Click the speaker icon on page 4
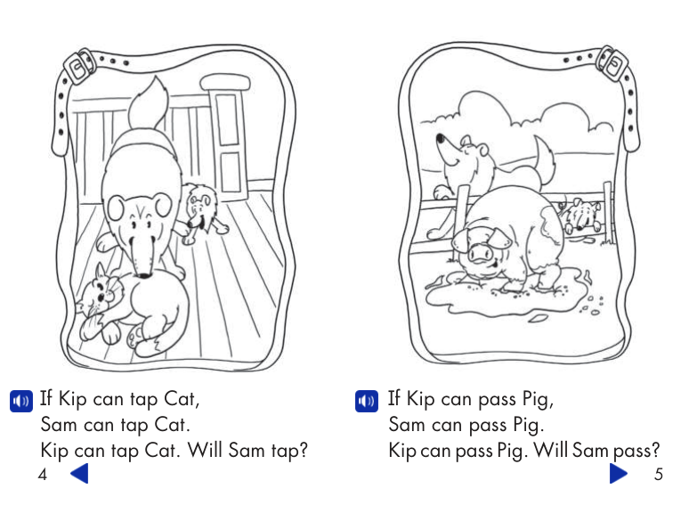tap(20, 401)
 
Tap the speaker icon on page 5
tap(366, 401)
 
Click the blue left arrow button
tap(80, 473)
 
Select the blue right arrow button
tap(619, 473)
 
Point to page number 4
tap(42, 475)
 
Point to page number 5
tap(658, 475)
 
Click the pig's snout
tap(480, 257)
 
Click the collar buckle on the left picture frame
tap(81, 64)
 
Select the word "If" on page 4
tap(48, 398)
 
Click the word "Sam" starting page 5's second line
tap(407, 424)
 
